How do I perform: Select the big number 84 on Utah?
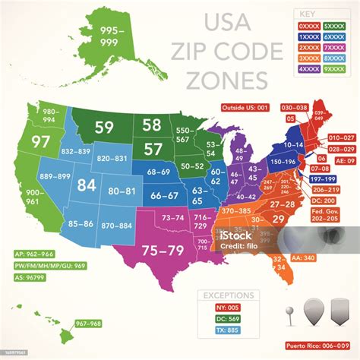(86, 185)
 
